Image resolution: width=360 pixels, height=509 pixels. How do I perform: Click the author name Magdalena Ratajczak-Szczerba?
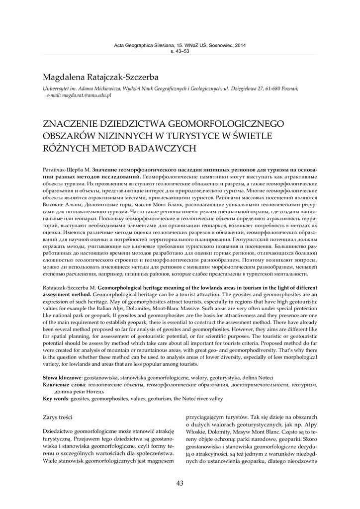tap(100, 78)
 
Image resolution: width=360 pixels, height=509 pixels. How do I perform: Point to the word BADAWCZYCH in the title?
tap(165, 148)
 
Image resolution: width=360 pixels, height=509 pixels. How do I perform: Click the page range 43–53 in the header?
tap(180, 52)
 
